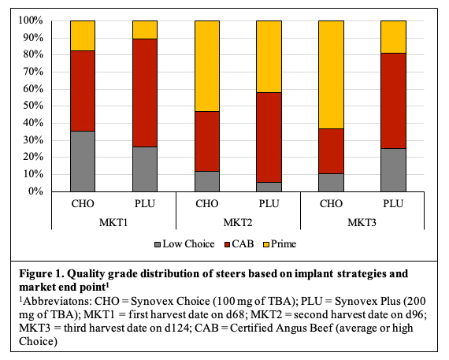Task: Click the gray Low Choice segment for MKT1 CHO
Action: coord(82,161)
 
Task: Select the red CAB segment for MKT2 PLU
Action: coord(269,137)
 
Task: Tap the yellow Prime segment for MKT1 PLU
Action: coord(144,30)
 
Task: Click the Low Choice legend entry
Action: coord(186,244)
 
